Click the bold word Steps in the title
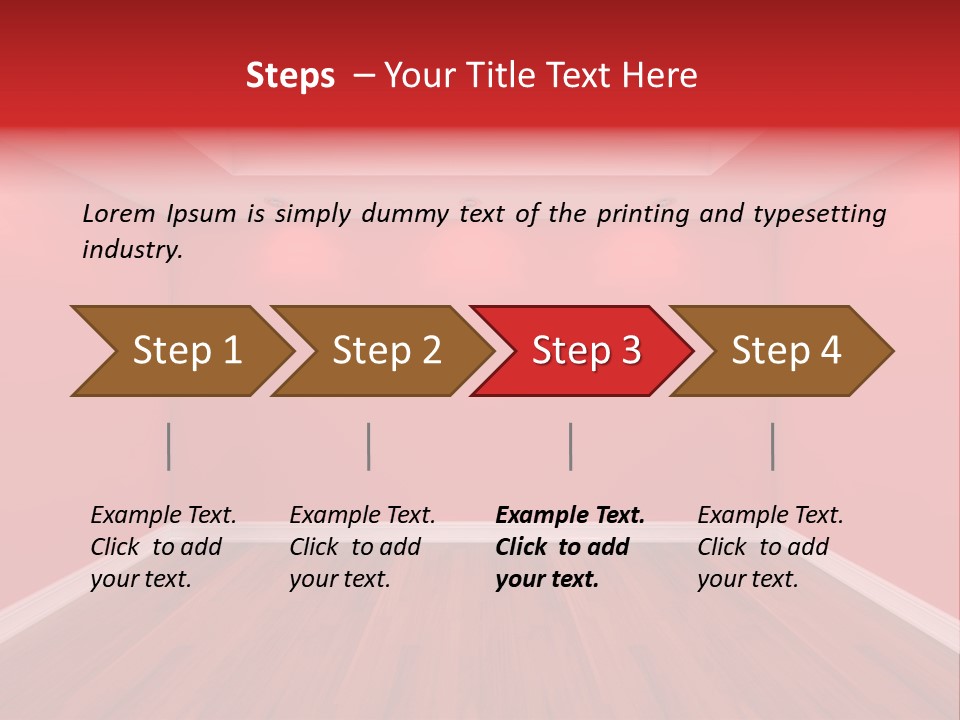[290, 75]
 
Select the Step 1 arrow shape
[186, 351]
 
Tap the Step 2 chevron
[386, 351]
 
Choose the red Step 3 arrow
[586, 351]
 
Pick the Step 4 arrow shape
[786, 351]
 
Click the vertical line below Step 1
[169, 446]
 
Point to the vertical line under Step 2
[369, 446]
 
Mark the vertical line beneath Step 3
[570, 446]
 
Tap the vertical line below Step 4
[772, 446]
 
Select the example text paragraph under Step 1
[162, 547]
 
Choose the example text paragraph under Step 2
[361, 547]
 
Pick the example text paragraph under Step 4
[769, 547]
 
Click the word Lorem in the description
[119, 214]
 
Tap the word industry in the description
[132, 250]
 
